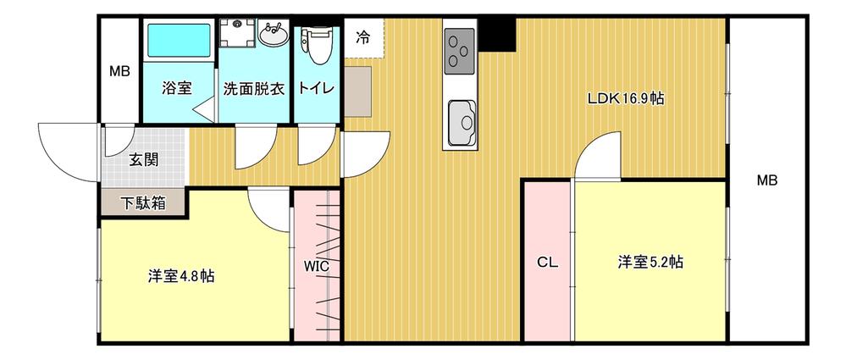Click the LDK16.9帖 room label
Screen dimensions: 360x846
pos(626,99)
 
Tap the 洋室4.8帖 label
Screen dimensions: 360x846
pos(180,275)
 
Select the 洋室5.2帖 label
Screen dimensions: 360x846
pos(650,263)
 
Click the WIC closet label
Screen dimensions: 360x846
pos(317,266)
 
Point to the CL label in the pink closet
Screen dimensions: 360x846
pos(548,263)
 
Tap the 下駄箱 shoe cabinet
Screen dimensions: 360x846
pos(141,203)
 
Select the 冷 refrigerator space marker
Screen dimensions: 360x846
pos(362,37)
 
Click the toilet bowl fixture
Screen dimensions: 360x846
pos(317,47)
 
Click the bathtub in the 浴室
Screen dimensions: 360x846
pos(180,41)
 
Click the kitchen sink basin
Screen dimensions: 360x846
pos(462,122)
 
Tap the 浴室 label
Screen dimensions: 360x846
pos(178,88)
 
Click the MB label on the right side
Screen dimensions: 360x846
pos(766,180)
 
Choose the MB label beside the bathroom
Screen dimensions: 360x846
pos(119,71)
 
